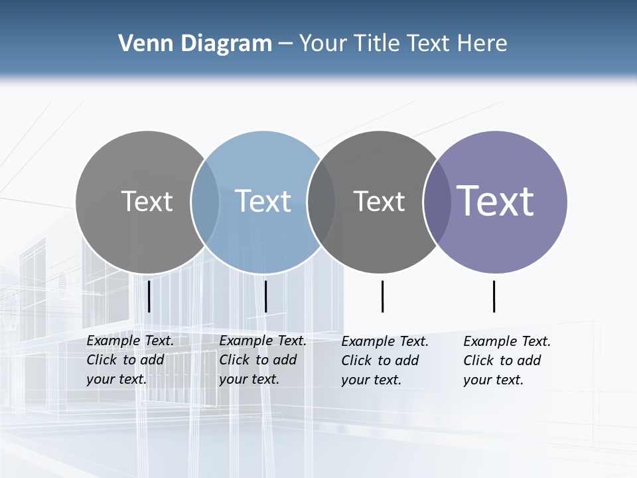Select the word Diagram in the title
[x=226, y=43]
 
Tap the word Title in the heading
[x=377, y=43]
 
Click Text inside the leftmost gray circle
[x=147, y=201]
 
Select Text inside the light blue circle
[x=263, y=201]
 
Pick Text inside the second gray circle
[x=379, y=201]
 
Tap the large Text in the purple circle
[x=495, y=200]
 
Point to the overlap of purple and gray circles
[x=435, y=202]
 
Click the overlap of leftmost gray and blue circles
[x=205, y=202]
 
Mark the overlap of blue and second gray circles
[x=321, y=202]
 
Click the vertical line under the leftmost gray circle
[x=149, y=296]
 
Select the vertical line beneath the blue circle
[x=265, y=296]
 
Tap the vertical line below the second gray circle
[x=382, y=296]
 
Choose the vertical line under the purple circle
[x=494, y=296]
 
